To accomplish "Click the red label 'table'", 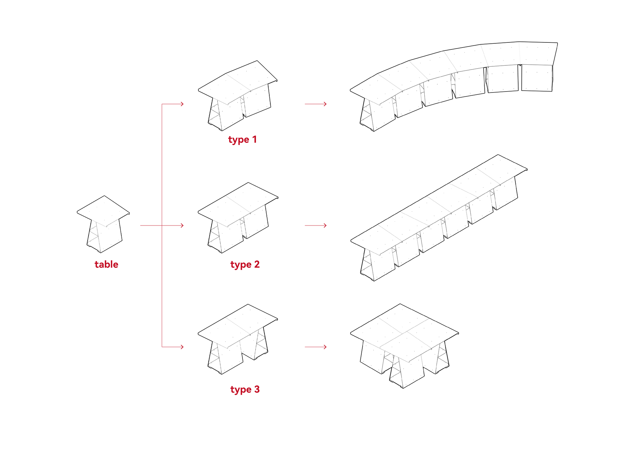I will coord(106,264).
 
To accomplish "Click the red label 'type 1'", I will coord(242,140).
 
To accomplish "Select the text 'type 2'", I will coord(245,264).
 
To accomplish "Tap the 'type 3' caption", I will coord(245,389).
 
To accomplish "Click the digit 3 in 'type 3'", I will coord(257,389).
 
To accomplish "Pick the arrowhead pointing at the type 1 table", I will coord(182,104).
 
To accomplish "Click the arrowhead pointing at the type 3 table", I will coord(182,347).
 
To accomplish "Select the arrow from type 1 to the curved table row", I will coord(315,104).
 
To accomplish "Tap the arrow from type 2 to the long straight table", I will coord(315,226).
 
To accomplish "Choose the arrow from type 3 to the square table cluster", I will coord(315,347).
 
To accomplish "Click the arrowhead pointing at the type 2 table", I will coord(182,226).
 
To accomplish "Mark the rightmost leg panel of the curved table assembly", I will coord(537,78).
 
